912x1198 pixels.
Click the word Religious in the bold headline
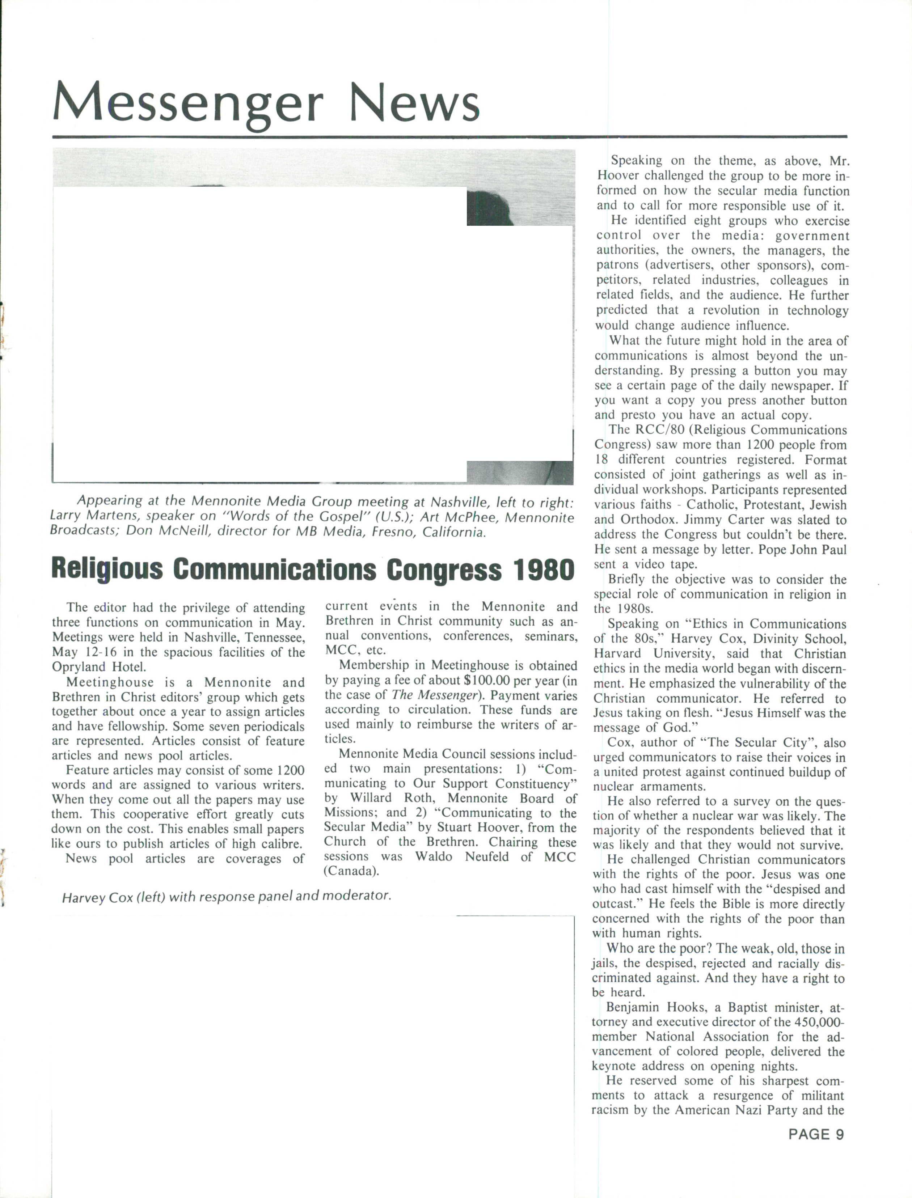pyautogui.click(x=107, y=570)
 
